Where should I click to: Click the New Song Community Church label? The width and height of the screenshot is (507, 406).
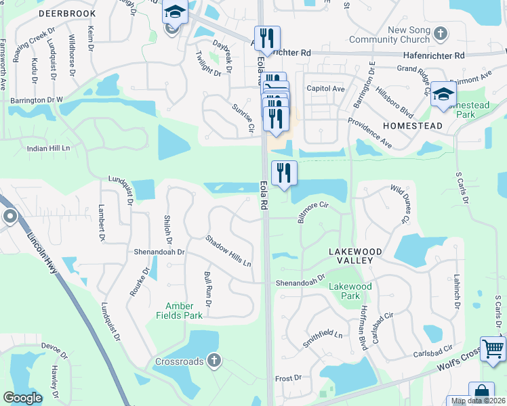pos(409,35)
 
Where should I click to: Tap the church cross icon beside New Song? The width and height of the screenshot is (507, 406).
pos(441,34)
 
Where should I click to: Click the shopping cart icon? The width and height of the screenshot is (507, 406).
pos(493,349)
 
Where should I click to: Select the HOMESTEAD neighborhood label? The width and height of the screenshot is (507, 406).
pos(412,126)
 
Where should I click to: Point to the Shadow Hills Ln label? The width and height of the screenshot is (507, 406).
pos(228,251)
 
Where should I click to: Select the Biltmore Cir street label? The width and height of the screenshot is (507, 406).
pos(312,211)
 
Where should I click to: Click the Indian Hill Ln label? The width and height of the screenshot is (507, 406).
pos(48,148)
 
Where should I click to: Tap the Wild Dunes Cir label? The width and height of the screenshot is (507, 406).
pos(399,204)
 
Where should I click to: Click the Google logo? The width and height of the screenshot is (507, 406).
pos(22,398)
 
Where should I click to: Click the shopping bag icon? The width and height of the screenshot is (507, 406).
pos(482,392)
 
